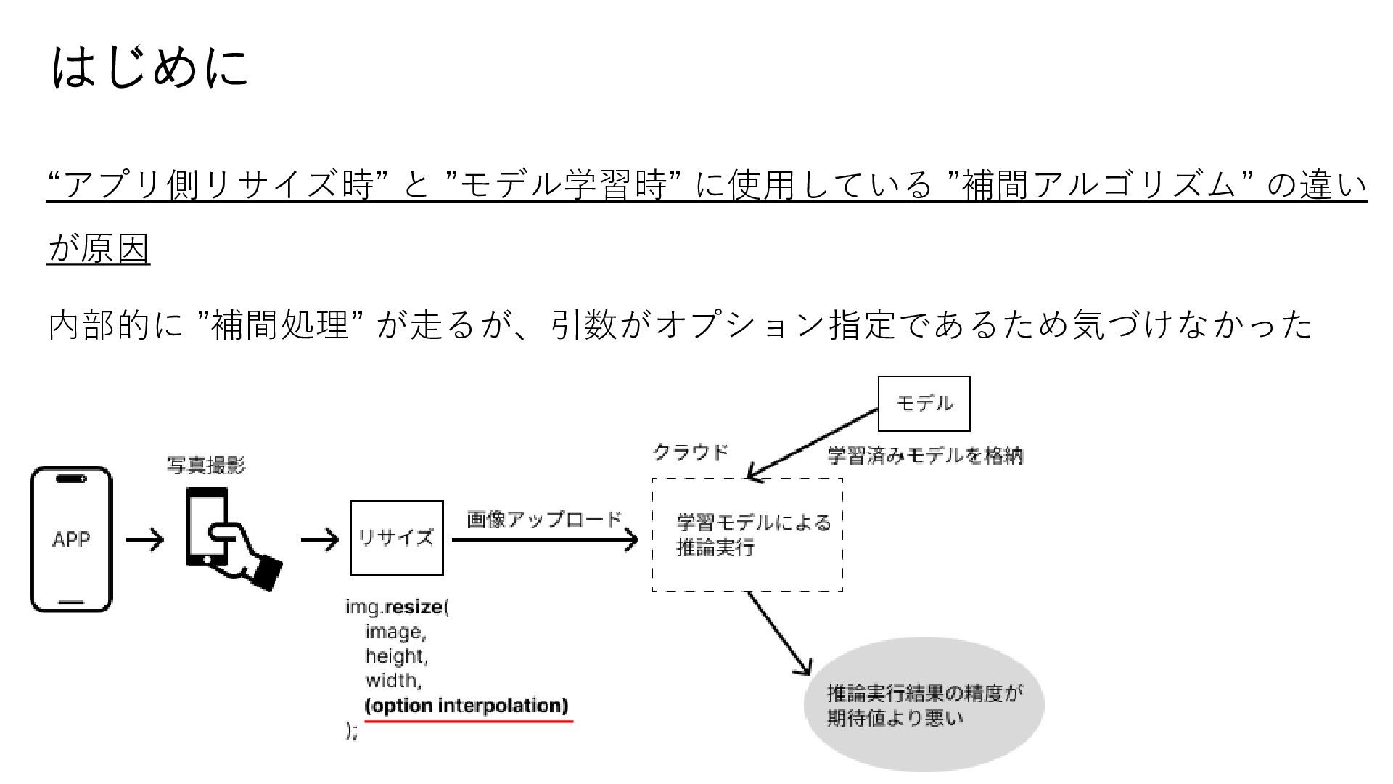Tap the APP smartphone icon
[71, 539]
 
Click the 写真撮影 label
[206, 465]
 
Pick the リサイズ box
[397, 538]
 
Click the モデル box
[924, 404]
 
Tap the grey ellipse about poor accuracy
[924, 704]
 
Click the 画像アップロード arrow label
[545, 520]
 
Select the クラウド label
[690, 452]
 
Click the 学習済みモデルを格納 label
[925, 456]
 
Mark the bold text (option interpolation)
[467, 706]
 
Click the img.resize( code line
[398, 607]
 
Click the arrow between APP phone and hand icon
[145, 540]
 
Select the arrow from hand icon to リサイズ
[320, 540]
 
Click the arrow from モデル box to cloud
[813, 444]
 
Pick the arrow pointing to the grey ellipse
[779, 633]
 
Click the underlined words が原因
[99, 248]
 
